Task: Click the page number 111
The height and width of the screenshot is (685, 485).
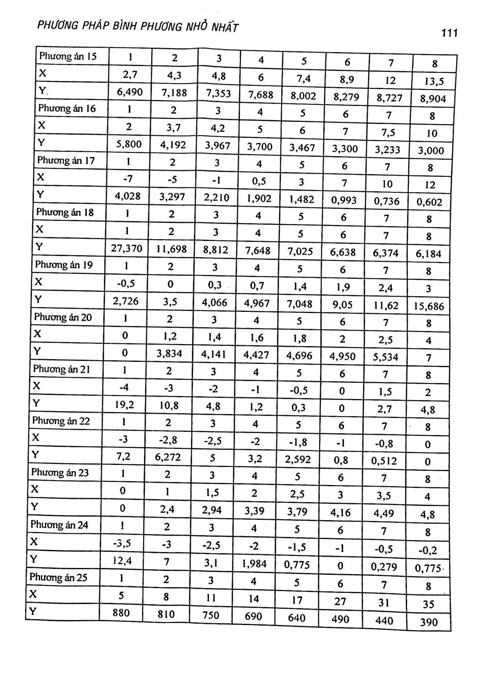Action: coord(449,33)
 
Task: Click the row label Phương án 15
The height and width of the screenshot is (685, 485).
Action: coord(68,56)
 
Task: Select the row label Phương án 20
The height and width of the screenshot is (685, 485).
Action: coord(63,317)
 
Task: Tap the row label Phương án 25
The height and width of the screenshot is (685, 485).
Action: coord(58,577)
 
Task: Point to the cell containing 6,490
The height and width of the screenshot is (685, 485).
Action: coord(130,92)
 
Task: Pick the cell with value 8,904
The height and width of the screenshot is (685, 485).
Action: coord(433,98)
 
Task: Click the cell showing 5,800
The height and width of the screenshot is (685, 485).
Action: coord(129,144)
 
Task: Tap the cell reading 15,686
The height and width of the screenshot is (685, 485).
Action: coord(429,306)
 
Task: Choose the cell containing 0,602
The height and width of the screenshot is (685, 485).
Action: coord(429,202)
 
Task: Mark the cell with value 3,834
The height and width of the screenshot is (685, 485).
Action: coord(169,354)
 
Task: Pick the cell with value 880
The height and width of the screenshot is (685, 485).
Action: coord(121,613)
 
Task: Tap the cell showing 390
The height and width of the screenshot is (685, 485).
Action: coord(429,622)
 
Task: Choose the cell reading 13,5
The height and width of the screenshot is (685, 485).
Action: coord(434,81)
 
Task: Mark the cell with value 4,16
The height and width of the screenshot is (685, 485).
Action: coord(340,513)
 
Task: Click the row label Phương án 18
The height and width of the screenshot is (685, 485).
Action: coord(65,212)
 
